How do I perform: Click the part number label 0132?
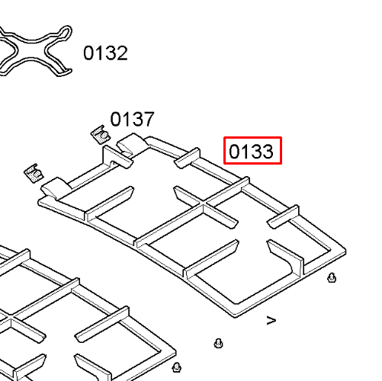tap(105, 53)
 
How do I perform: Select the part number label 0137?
tap(132, 119)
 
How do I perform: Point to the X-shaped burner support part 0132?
tap(33, 51)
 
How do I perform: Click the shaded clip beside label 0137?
tap(101, 134)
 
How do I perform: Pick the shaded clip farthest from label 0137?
tap(34, 173)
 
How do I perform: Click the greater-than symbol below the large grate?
tap(271, 320)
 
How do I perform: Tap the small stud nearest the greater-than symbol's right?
tap(332, 277)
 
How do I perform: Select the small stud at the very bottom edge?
tap(176, 367)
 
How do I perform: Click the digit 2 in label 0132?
tap(122, 53)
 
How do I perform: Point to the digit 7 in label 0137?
tap(149, 119)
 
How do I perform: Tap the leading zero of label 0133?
tap(234, 152)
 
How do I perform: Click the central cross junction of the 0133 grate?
tap(204, 203)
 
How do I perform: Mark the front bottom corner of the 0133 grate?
tap(235, 315)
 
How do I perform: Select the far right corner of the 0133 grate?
tap(345, 250)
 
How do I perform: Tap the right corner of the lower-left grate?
tap(175, 353)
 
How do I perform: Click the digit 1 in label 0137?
tap(127, 119)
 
